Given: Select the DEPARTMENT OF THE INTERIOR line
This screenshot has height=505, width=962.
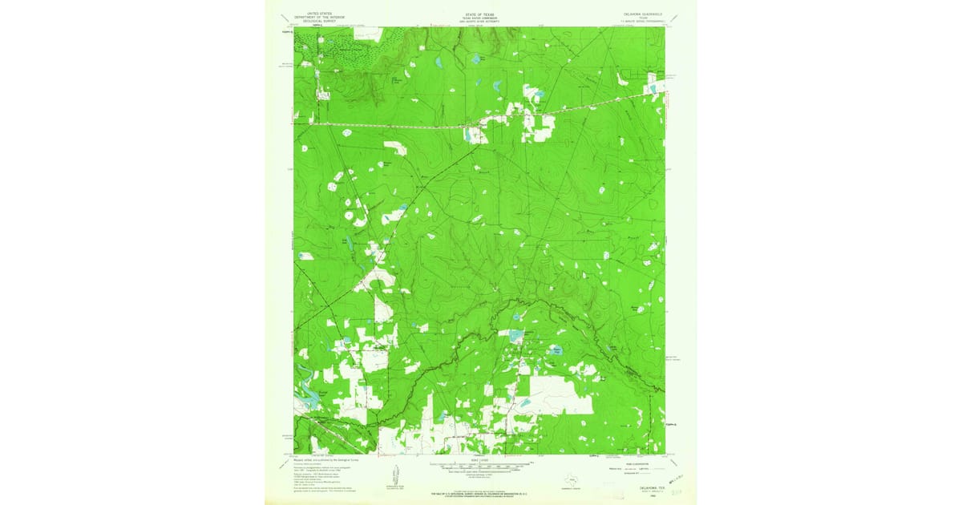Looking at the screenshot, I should pos(313,16).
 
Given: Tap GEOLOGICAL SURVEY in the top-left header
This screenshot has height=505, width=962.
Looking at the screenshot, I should pos(313,20).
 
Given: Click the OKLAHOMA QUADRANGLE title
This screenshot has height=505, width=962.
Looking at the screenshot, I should pos(644,12).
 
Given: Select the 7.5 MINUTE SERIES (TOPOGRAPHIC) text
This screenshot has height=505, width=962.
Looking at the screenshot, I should pos(644,20).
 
